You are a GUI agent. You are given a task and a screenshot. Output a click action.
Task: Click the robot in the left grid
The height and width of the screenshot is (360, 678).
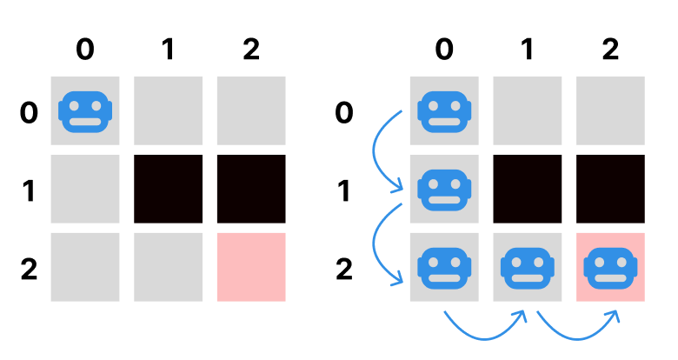tap(84, 111)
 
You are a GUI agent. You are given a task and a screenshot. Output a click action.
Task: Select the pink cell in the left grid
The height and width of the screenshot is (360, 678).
tap(251, 267)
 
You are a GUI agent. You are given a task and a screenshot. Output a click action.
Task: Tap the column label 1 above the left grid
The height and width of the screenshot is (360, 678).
tap(168, 50)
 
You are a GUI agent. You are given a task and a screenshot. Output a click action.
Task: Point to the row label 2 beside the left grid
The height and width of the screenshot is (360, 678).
tap(29, 269)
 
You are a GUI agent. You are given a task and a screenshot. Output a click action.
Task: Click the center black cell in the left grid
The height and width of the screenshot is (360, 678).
tap(168, 189)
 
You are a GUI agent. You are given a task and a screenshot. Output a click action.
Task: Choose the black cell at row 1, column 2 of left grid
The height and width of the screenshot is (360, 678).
tap(251, 189)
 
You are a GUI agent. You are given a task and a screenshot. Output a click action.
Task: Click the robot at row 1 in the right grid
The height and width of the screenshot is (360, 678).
tap(444, 189)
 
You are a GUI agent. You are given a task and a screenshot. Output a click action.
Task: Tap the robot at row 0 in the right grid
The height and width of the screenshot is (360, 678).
tap(444, 111)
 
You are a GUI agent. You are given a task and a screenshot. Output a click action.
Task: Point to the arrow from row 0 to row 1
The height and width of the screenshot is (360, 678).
tap(382, 152)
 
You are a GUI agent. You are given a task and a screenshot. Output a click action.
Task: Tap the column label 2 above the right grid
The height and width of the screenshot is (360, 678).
tap(610, 50)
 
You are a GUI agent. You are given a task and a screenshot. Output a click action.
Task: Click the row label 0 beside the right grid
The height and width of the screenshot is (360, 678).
tap(344, 112)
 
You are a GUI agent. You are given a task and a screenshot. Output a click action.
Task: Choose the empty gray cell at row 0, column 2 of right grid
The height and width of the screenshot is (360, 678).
tap(610, 111)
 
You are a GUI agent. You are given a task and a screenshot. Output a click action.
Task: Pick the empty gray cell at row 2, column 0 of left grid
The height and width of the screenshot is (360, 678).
tap(84, 267)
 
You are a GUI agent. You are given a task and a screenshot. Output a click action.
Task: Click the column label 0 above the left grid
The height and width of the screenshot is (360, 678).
tap(84, 50)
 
